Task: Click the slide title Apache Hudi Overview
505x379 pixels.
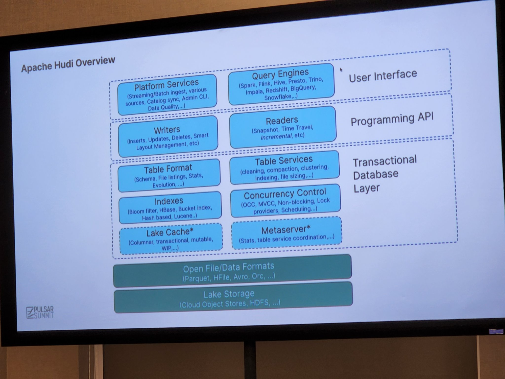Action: tap(68, 64)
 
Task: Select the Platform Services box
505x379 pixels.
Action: tap(167, 95)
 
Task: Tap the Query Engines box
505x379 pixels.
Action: tap(281, 84)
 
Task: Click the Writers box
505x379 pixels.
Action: tap(168, 137)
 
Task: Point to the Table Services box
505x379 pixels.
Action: tap(284, 168)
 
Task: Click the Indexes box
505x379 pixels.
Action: tap(170, 208)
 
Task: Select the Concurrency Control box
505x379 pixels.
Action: tap(285, 201)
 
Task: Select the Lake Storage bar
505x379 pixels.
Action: tap(233, 298)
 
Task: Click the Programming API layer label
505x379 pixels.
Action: tap(392, 119)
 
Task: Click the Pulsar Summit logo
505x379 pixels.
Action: tap(40, 313)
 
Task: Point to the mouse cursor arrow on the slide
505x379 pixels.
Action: tap(341, 69)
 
